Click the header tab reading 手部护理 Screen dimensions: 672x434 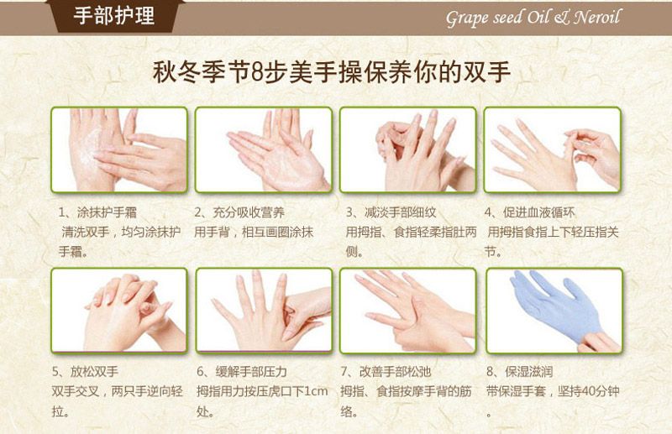pyautogui.click(x=113, y=16)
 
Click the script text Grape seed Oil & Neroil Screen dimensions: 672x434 pyautogui.click(x=533, y=18)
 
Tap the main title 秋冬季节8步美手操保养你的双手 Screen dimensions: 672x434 pyautogui.click(x=332, y=72)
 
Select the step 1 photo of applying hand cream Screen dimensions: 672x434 pyautogui.click(x=119, y=149)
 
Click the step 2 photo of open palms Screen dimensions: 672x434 pyautogui.click(x=264, y=149)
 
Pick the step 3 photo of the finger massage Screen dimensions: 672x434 pyautogui.click(x=407, y=149)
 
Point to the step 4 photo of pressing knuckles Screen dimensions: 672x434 pyautogui.click(x=553, y=149)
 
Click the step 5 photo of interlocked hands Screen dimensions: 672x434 pyautogui.click(x=119, y=311)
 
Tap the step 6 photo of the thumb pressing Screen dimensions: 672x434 pyautogui.click(x=264, y=311)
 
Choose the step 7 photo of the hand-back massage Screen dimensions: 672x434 pyautogui.click(x=408, y=311)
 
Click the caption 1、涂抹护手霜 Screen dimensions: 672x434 pyautogui.click(x=97, y=212)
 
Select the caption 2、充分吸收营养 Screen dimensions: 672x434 pyautogui.click(x=239, y=212)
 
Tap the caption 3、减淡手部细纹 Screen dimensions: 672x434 pyautogui.click(x=391, y=212)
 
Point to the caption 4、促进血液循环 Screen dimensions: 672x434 pyautogui.click(x=530, y=212)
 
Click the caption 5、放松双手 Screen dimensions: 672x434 pyautogui.click(x=85, y=371)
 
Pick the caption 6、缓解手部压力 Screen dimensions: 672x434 pyautogui.click(x=242, y=371)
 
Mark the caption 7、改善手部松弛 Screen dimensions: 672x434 pyautogui.click(x=386, y=371)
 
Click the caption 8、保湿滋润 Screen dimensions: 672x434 pyautogui.click(x=519, y=371)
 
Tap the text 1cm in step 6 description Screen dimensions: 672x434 pyautogui.click(x=316, y=391)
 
